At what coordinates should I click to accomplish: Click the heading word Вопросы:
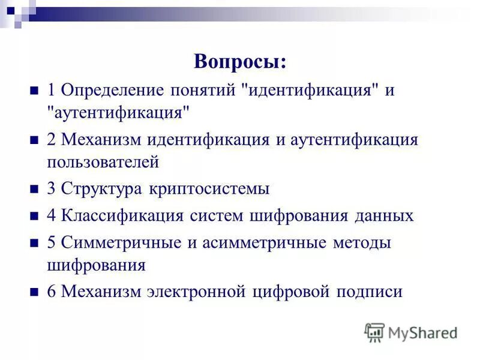(240, 61)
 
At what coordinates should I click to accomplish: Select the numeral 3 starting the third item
(51, 188)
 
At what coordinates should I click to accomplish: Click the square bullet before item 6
(34, 293)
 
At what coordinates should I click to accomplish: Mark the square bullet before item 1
(34, 91)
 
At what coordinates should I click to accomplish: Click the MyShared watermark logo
(411, 332)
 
